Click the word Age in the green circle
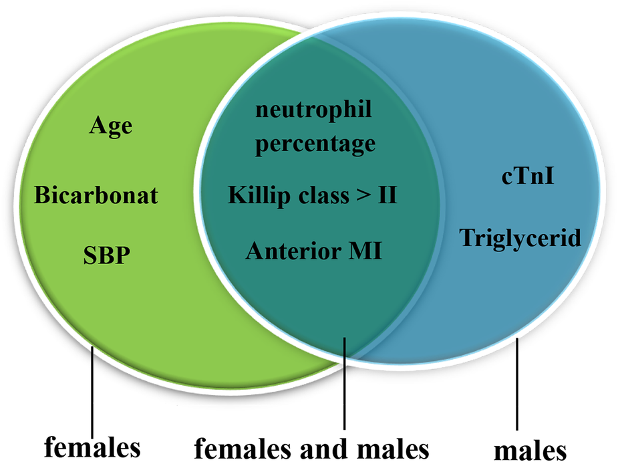[x=110, y=126]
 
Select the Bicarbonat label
[x=96, y=195]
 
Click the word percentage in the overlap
[x=315, y=144]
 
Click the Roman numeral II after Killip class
[x=388, y=195]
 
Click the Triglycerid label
[x=520, y=237]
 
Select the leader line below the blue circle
[x=518, y=384]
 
